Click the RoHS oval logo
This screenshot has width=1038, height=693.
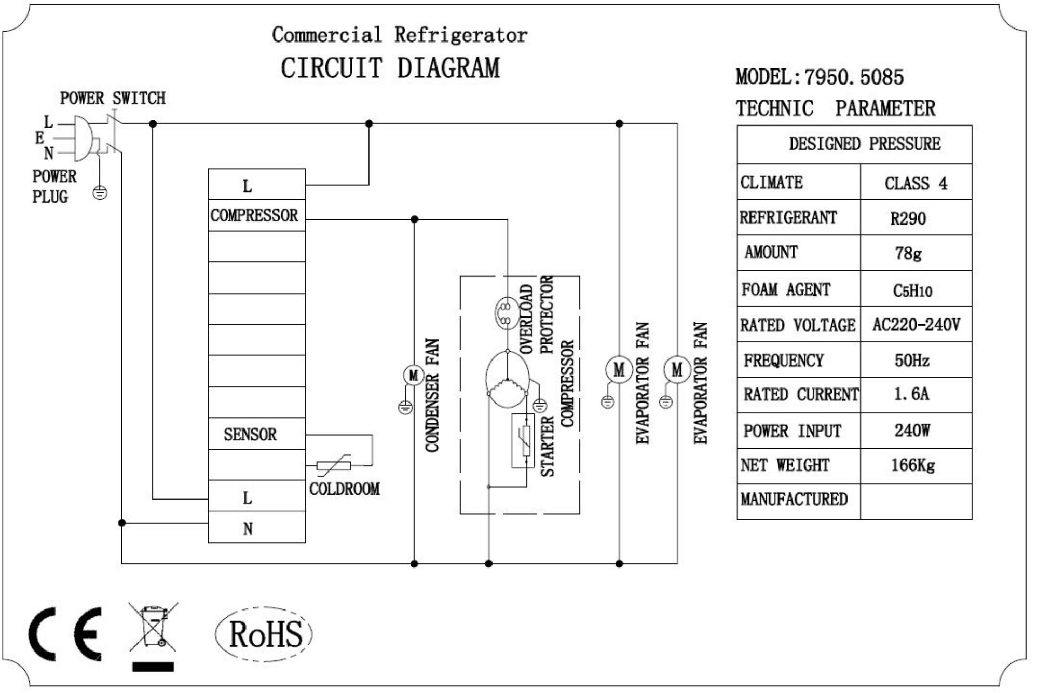(264, 634)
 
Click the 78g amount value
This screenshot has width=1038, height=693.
(909, 253)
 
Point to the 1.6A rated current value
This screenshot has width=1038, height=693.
(911, 394)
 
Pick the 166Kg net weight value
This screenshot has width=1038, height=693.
(912, 465)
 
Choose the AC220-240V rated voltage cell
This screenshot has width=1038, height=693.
(916, 325)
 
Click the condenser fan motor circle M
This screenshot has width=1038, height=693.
(413, 375)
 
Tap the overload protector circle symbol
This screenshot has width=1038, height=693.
(504, 312)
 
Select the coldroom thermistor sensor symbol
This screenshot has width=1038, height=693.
(334, 465)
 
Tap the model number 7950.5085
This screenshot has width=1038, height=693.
(854, 77)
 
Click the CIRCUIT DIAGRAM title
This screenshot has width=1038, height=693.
(390, 68)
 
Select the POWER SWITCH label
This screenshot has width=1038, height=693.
(113, 98)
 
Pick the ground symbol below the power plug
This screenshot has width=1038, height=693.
(100, 193)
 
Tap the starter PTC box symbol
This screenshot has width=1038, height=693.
(523, 441)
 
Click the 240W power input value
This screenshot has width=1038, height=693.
(912, 430)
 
